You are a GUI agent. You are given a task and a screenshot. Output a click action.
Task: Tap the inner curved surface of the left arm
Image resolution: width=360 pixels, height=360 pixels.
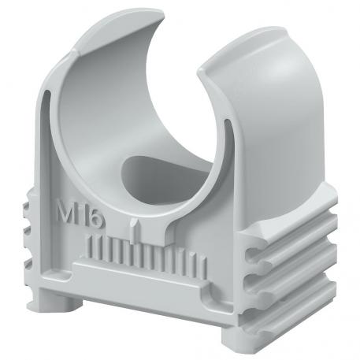(87, 102)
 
